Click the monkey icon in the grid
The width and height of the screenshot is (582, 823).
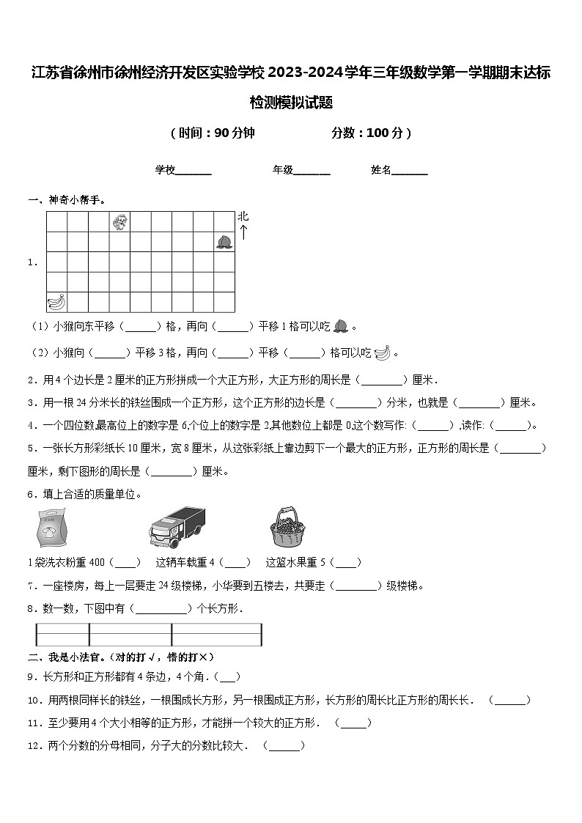pyautogui.click(x=119, y=221)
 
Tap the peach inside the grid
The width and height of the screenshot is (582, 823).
pyautogui.click(x=224, y=241)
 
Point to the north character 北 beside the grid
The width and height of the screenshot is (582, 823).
pyautogui.click(x=243, y=217)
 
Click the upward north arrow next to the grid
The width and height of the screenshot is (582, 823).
pyautogui.click(x=243, y=234)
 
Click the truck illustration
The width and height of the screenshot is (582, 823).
pyautogui.click(x=177, y=527)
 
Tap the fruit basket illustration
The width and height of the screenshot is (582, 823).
pyautogui.click(x=287, y=527)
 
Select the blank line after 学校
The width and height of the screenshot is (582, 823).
pyautogui.click(x=194, y=171)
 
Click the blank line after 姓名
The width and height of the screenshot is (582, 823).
pyautogui.click(x=410, y=171)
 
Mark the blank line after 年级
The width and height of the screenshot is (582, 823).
pyautogui.click(x=312, y=171)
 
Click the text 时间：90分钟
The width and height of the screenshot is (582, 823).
pyautogui.click(x=213, y=133)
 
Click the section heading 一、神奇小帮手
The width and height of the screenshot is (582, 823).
pyautogui.click(x=67, y=199)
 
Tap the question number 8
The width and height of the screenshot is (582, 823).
pyautogui.click(x=32, y=608)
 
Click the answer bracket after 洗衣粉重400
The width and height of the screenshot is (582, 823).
pyautogui.click(x=125, y=563)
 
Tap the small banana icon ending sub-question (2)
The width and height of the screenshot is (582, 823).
pyautogui.click(x=382, y=353)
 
